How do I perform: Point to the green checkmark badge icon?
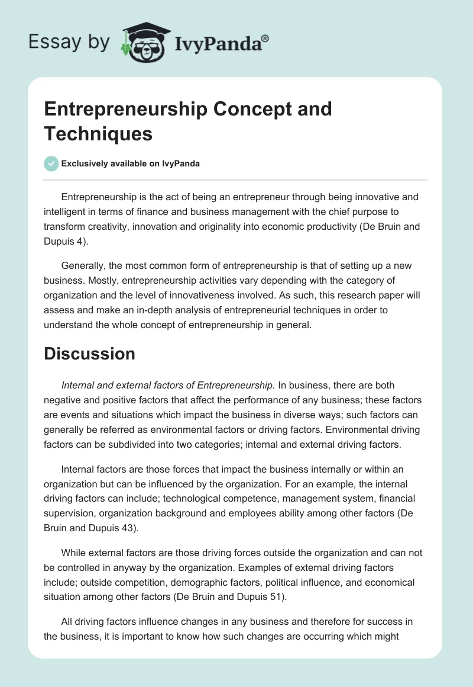51,163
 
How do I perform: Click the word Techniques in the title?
98,133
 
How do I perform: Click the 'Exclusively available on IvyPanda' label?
131,163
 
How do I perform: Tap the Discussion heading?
89,354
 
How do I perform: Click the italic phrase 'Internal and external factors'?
124,385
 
